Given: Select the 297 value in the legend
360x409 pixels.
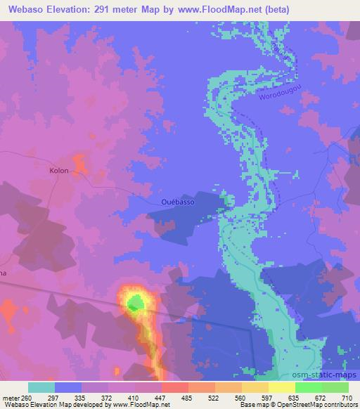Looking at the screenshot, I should point(68,397).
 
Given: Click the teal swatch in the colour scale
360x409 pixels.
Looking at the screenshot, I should point(41,388).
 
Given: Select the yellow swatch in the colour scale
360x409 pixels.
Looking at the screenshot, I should point(282,388).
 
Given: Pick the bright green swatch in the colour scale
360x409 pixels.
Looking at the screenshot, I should point(309,388).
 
